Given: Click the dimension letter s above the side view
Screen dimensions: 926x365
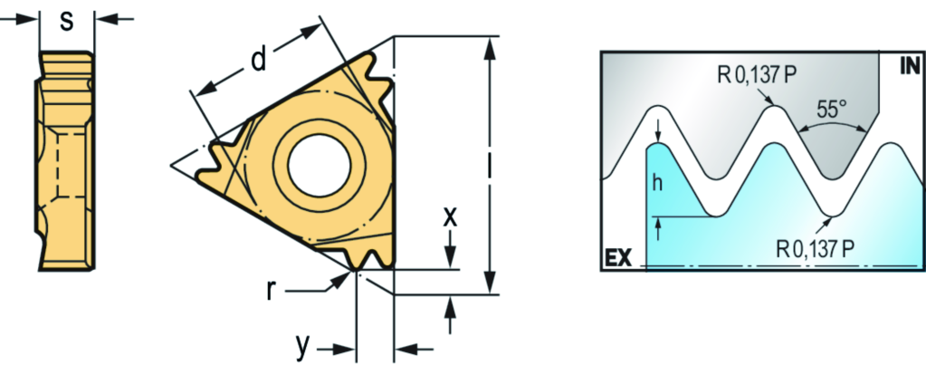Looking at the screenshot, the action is coord(67,21).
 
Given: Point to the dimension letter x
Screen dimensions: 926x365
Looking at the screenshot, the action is coord(450,217).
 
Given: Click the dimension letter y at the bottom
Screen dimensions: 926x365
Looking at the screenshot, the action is coord(303,348).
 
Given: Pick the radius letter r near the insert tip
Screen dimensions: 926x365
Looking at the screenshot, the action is coord(271,291).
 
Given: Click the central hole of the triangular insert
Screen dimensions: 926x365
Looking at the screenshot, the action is coord(319,164).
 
